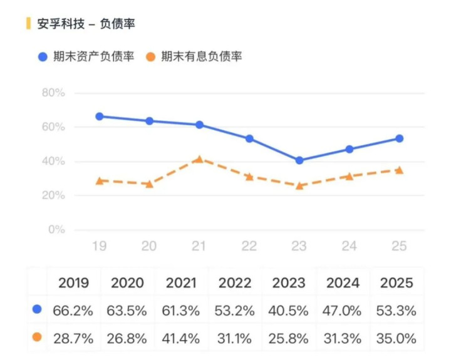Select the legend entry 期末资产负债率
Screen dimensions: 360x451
(85, 56)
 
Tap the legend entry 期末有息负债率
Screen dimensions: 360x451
(194, 56)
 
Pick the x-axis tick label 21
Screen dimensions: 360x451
(199, 246)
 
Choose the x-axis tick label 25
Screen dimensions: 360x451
(399, 246)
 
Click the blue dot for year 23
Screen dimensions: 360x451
(299, 160)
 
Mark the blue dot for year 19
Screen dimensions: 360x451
(99, 116)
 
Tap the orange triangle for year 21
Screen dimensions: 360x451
(199, 159)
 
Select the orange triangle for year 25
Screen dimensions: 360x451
(399, 170)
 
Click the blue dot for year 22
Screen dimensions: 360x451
(249, 138)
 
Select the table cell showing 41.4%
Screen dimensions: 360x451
(182, 339)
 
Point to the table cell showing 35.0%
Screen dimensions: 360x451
(397, 339)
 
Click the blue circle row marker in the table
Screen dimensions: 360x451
(37, 309)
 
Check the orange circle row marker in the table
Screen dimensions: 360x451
(37, 337)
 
